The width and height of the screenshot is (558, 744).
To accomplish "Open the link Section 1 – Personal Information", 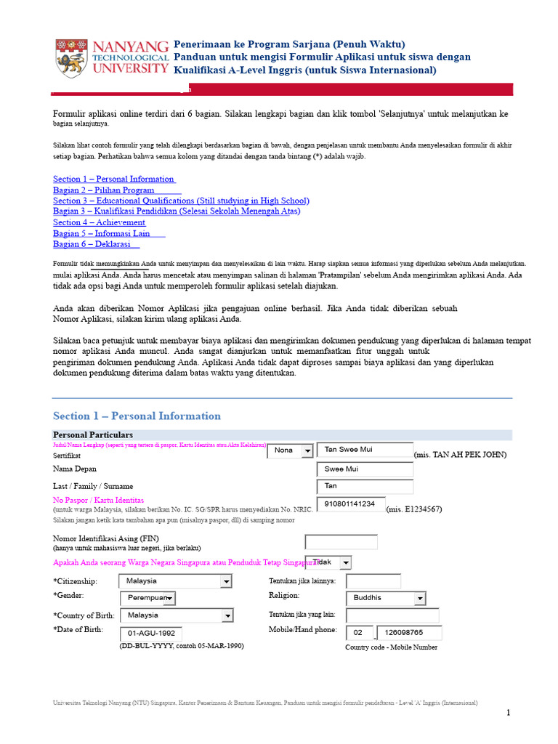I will click(113, 179).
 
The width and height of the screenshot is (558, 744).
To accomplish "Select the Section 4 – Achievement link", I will click(99, 222).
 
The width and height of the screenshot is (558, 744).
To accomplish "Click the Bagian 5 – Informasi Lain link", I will click(102, 233).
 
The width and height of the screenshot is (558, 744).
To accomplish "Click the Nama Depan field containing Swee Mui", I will click(365, 469).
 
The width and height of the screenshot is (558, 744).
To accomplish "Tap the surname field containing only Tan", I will click(365, 487).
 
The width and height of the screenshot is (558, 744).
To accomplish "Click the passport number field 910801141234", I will click(351, 504).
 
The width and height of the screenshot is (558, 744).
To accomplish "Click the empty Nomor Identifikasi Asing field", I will click(341, 542).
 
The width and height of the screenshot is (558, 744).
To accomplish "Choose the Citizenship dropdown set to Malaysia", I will click(175, 581).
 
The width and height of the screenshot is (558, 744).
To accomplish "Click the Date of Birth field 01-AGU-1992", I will click(150, 633).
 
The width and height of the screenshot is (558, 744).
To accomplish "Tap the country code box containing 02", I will click(360, 633).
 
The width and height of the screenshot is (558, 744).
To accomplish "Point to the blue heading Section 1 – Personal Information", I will click(137, 416).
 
